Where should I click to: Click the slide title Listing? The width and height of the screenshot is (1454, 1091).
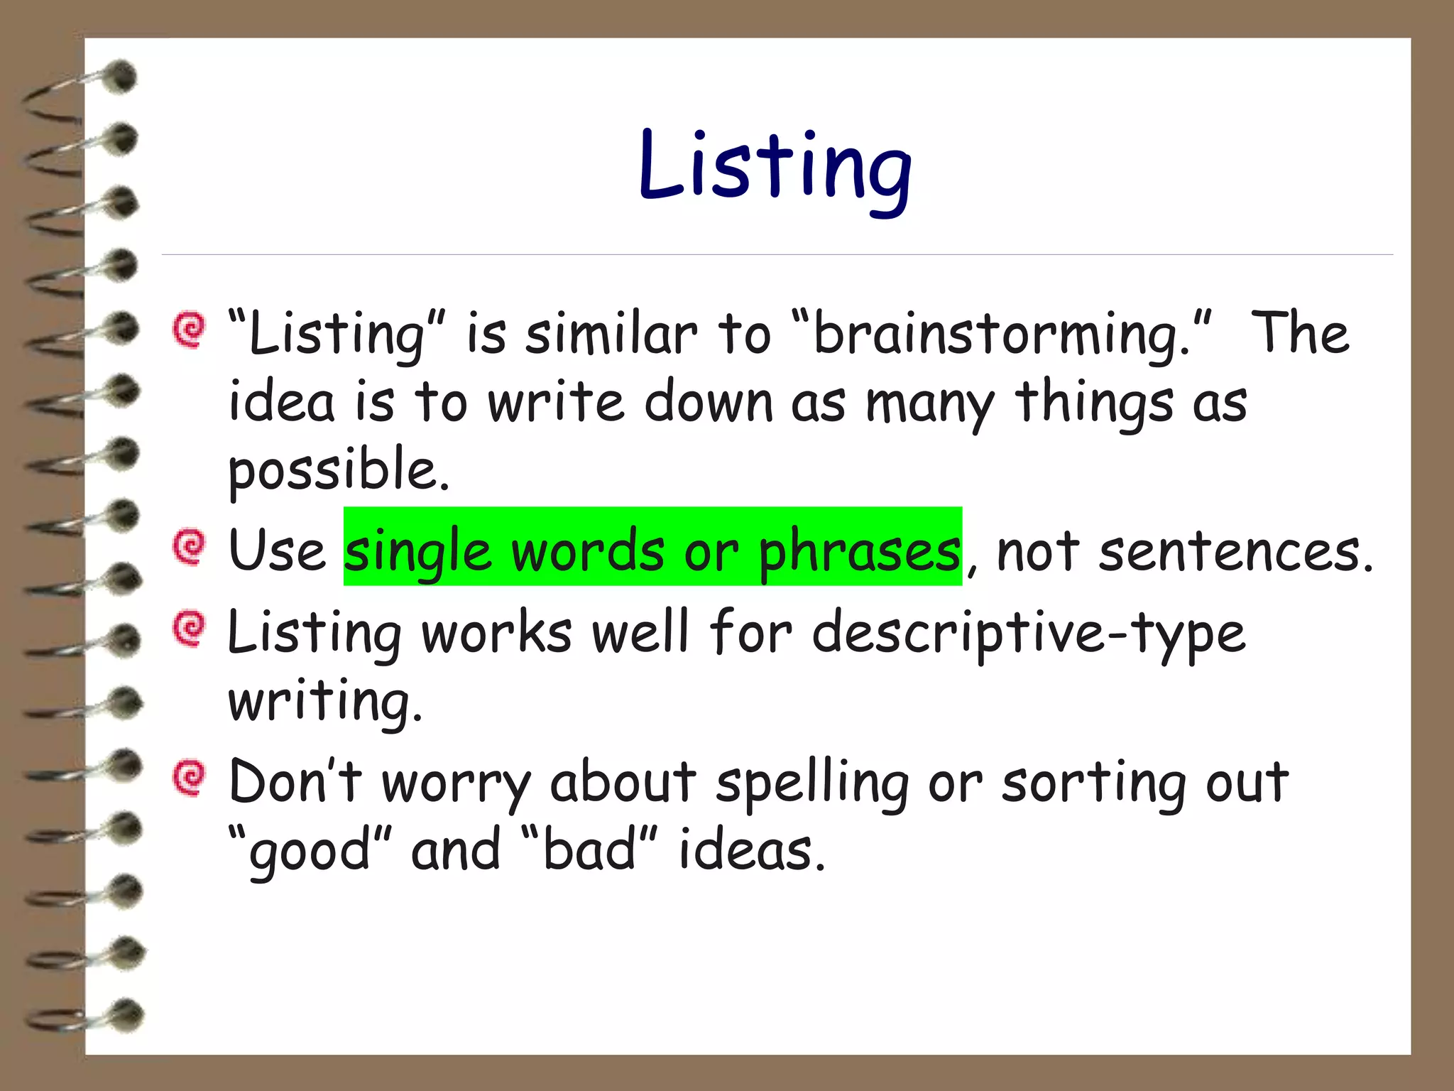pos(775,168)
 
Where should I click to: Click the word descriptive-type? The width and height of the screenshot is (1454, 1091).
pos(1029,632)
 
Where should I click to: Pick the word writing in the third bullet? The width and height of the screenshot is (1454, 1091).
pos(324,701)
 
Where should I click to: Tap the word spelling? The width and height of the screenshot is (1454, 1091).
pos(811,783)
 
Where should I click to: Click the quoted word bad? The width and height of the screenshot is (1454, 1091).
pos(589,850)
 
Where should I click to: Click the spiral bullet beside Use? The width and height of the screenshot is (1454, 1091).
pos(190,546)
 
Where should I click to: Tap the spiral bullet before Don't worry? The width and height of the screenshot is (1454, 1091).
pos(190,778)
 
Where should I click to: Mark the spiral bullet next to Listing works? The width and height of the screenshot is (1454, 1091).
pos(190,628)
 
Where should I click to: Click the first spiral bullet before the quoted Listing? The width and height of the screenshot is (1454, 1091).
pos(190,330)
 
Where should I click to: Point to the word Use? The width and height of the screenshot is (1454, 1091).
pos(277,551)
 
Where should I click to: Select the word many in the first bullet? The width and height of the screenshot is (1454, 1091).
pos(930,403)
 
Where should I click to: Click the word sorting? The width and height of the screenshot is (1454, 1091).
pos(1093,783)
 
